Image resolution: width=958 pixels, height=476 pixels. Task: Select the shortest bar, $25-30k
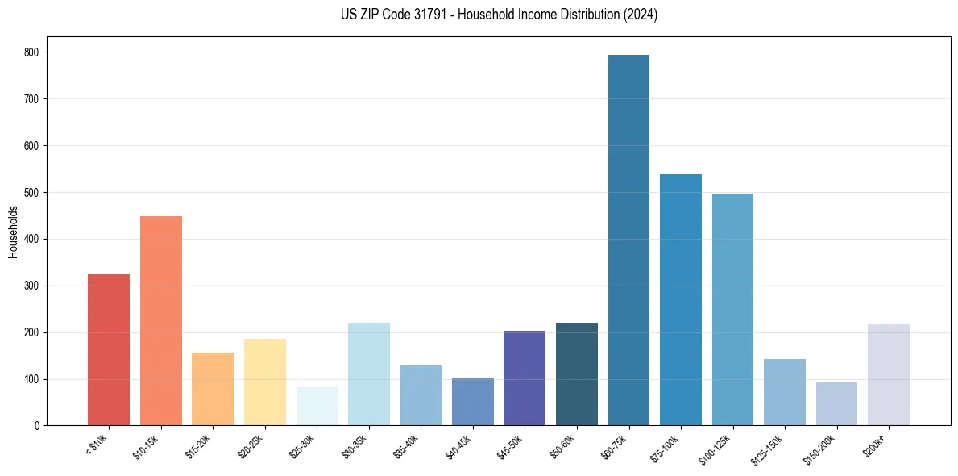(x=317, y=407)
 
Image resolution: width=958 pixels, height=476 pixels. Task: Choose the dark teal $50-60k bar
(x=577, y=374)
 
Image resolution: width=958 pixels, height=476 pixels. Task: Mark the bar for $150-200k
(x=836, y=404)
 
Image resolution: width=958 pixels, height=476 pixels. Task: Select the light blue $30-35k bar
(x=369, y=374)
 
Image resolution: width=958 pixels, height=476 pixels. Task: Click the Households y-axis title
(x=13, y=232)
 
